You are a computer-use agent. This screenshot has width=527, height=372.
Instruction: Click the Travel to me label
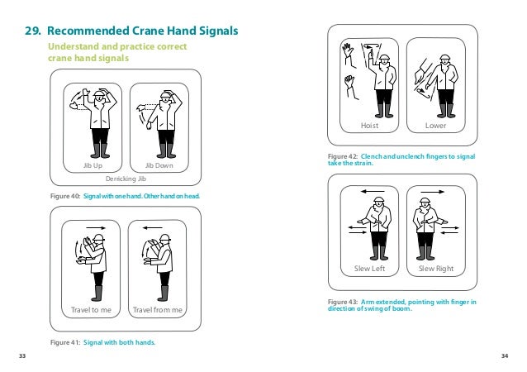point(92,310)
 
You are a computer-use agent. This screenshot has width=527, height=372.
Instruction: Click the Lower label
point(435,126)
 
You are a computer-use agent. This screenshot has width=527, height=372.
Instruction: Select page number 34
point(505,355)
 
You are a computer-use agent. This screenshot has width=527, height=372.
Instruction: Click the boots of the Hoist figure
point(382,109)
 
